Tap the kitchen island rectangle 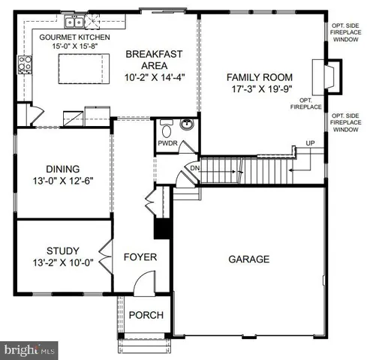click(x=79, y=73)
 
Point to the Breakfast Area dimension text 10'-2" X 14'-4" click(x=155, y=76)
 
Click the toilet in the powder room click(x=166, y=126)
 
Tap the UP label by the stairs click(x=309, y=143)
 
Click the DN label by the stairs click(x=194, y=169)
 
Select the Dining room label click(x=62, y=169)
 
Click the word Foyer click(x=140, y=257)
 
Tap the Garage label click(x=248, y=259)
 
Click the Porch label click(x=145, y=315)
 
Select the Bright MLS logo click(x=30, y=349)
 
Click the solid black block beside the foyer click(x=160, y=226)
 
